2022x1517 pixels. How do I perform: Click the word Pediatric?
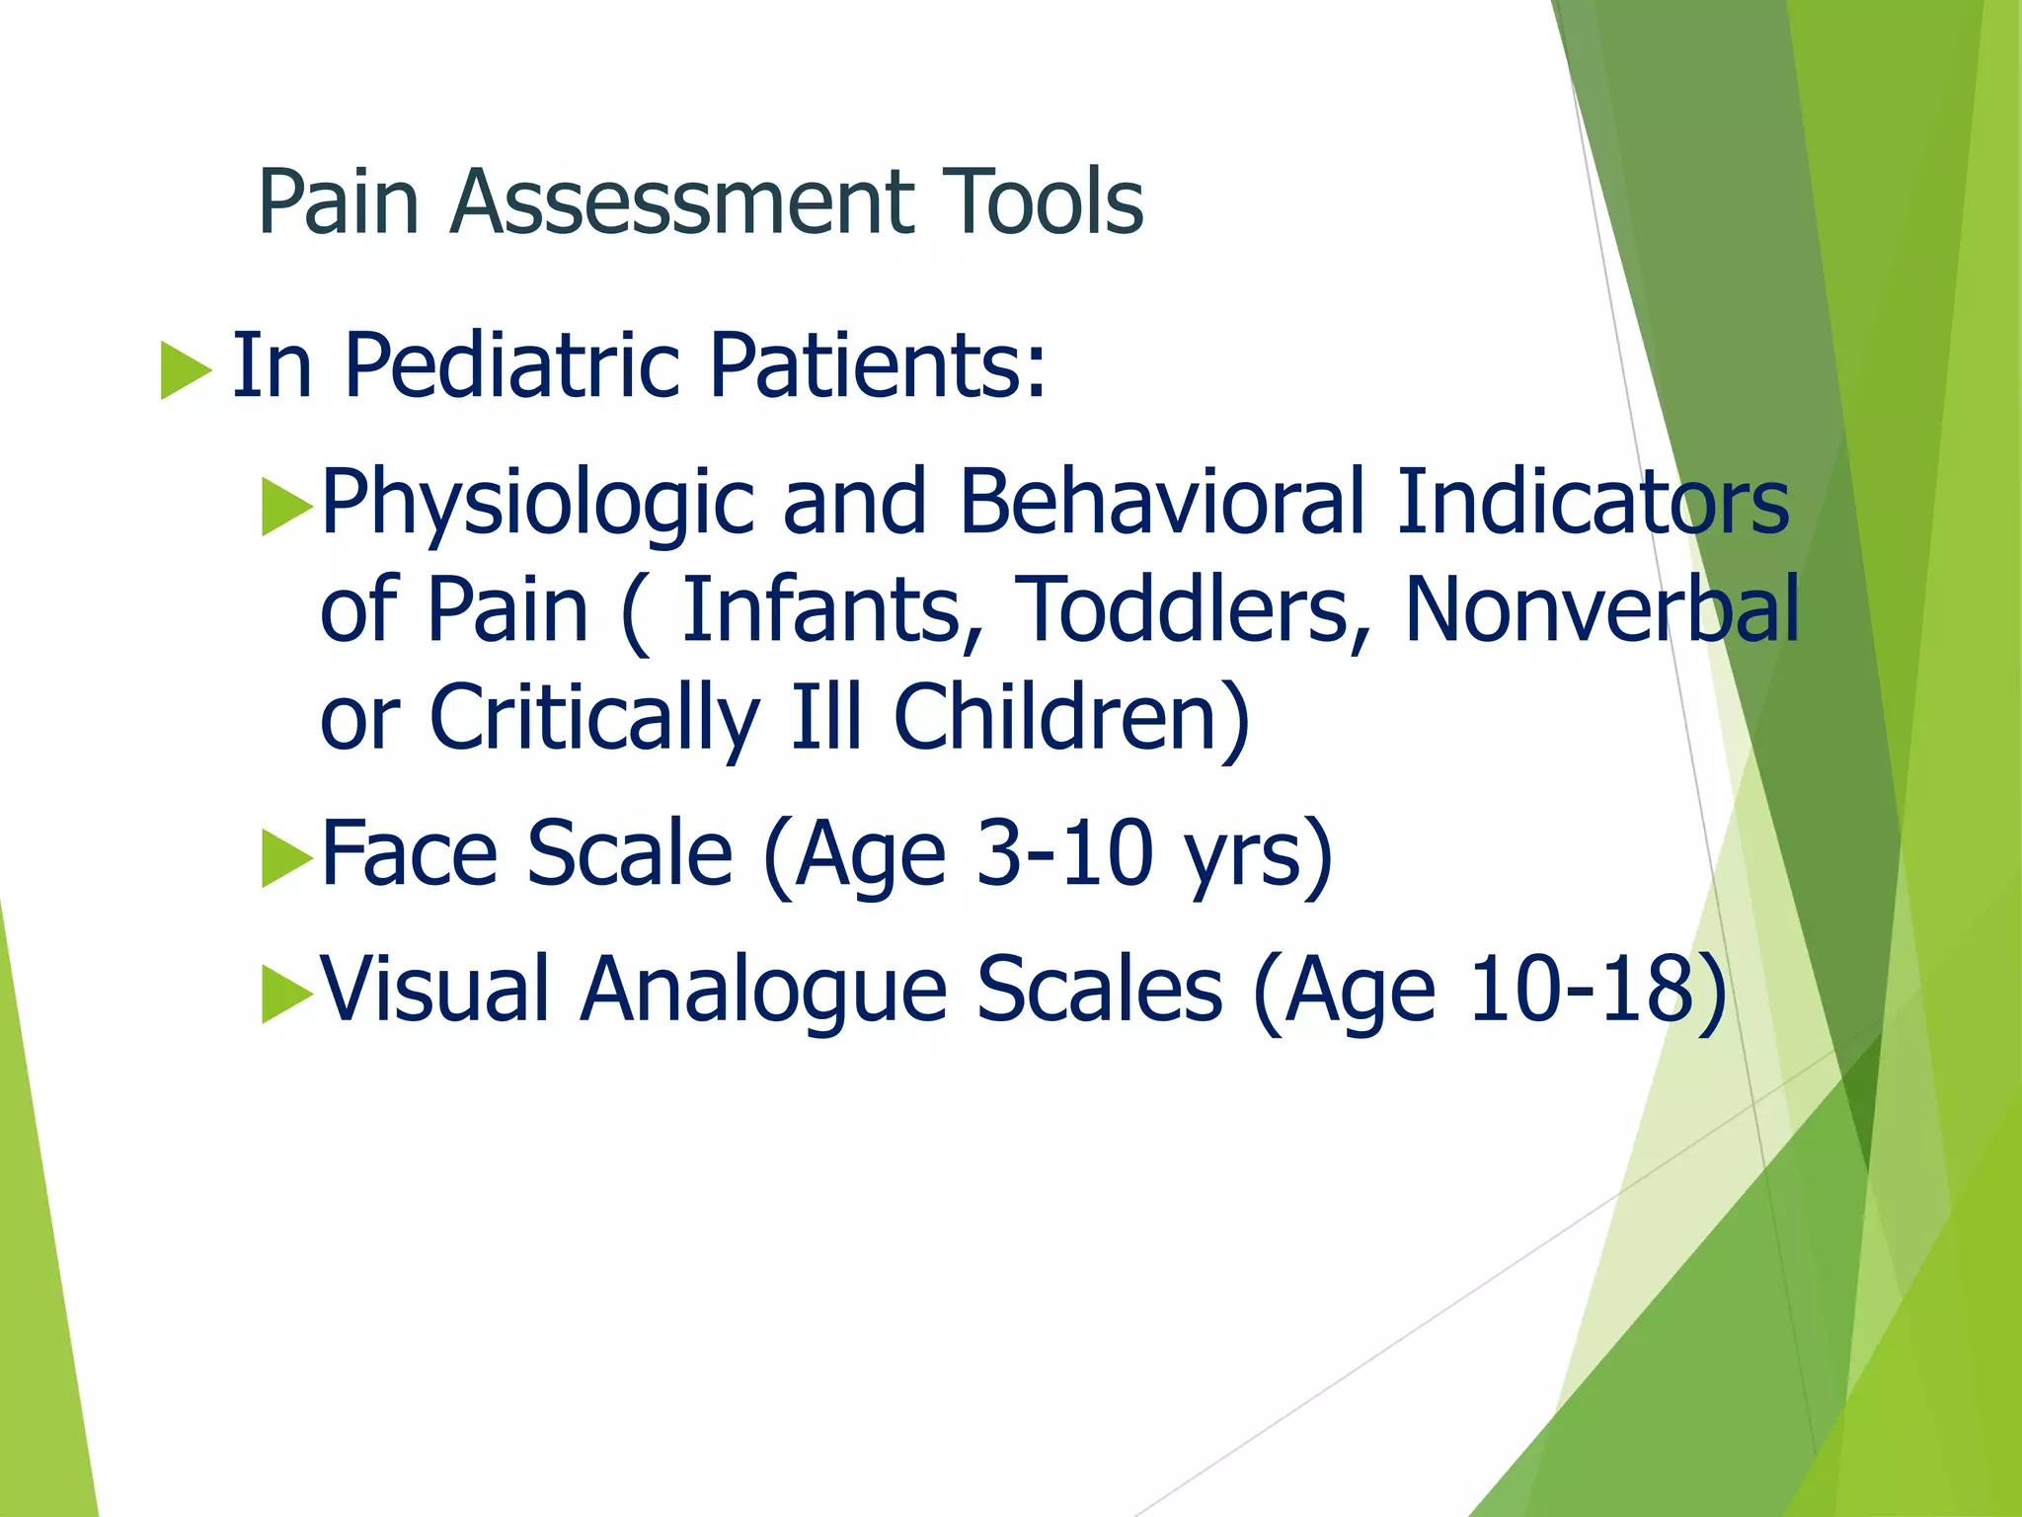click(511, 366)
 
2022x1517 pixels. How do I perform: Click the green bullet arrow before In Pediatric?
click(186, 370)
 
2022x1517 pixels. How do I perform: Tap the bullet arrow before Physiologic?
click(286, 506)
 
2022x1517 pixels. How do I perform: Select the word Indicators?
click(1592, 502)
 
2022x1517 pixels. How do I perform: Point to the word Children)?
click(1072, 719)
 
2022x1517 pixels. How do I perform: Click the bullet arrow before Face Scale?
click(286, 857)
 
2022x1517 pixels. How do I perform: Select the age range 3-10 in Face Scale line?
click(1064, 853)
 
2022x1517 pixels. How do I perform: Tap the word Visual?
click(434, 990)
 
